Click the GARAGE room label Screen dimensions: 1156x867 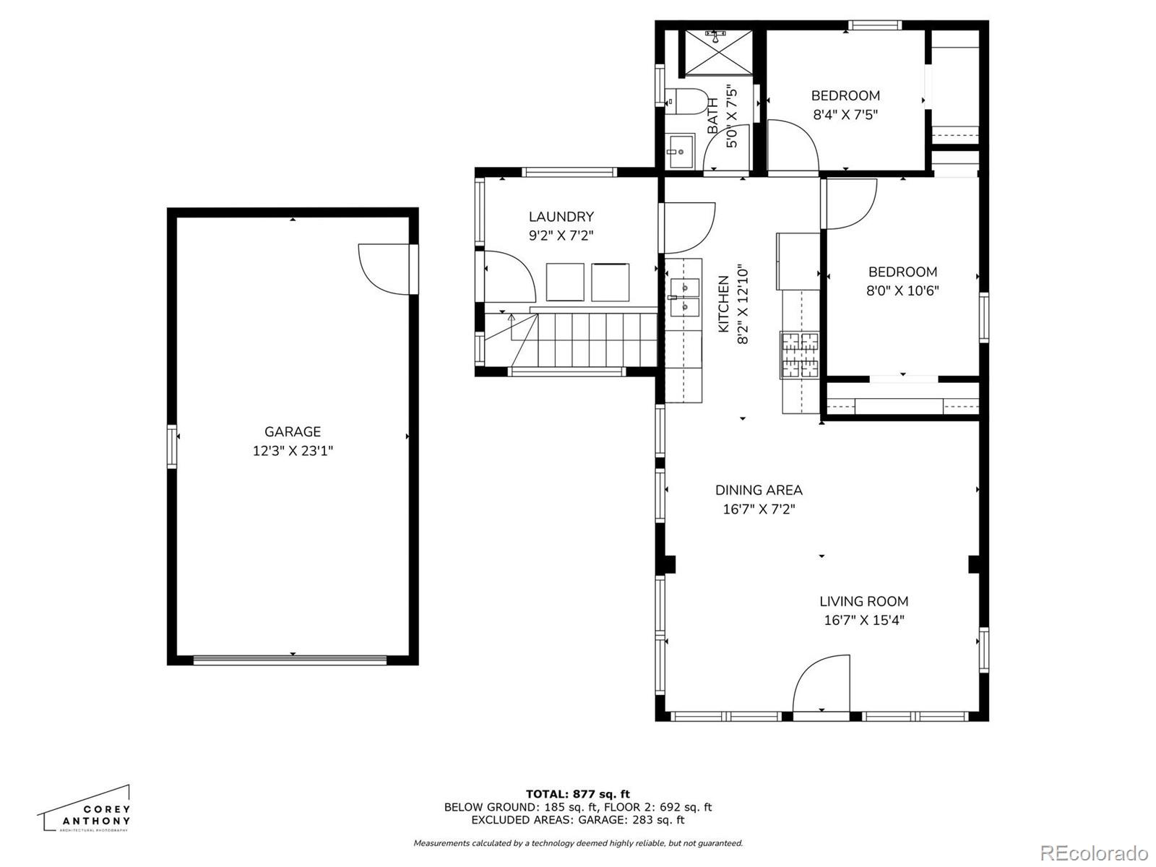coord(293,431)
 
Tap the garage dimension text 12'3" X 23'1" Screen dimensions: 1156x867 coord(293,451)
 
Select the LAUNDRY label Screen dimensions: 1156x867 coord(561,216)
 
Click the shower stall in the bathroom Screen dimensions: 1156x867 coord(718,53)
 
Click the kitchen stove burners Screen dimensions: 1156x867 coord(800,355)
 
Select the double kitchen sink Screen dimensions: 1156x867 coord(685,297)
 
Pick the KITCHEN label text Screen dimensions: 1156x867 coord(724,303)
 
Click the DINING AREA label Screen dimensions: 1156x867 coord(759,490)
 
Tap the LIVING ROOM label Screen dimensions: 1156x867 coord(863,601)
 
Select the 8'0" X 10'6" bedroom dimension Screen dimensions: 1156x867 coord(902,290)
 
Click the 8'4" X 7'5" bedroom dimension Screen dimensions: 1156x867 coord(845,114)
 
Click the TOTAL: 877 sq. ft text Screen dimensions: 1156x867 coord(578,794)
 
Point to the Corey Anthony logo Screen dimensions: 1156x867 coord(85,810)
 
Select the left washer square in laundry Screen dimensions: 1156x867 coord(565,282)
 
